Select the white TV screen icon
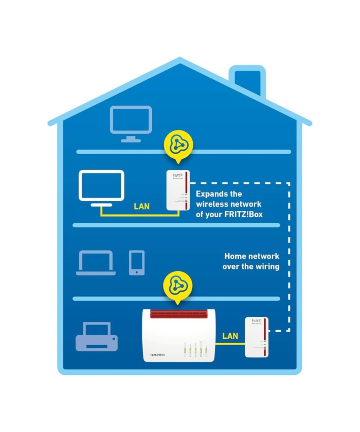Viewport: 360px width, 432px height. [101, 186]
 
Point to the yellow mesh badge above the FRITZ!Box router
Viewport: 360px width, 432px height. [177, 286]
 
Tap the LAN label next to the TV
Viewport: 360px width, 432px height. [142, 207]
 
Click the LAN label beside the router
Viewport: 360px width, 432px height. [230, 336]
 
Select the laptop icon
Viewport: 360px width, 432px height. [96, 263]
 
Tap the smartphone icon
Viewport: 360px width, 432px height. [137, 263]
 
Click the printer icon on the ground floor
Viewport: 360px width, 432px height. [97, 337]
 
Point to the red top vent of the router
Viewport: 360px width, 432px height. [177, 314]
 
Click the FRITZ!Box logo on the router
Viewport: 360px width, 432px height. [157, 354]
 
